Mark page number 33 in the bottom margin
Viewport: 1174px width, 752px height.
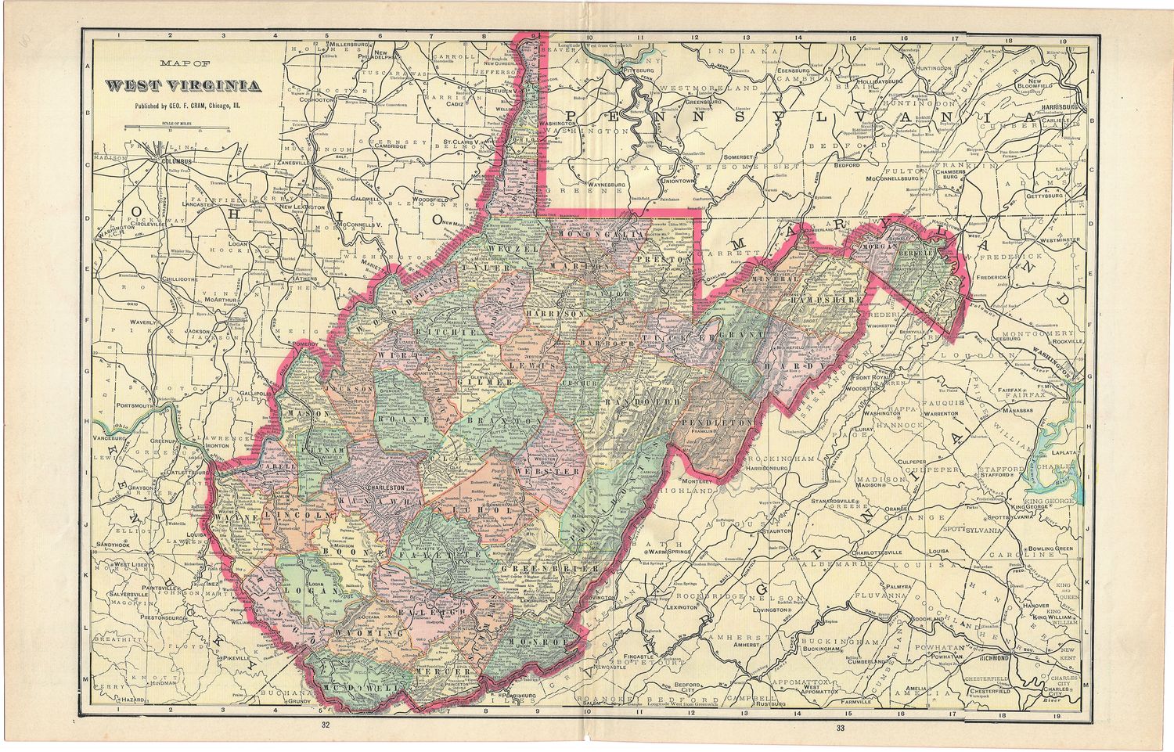click(841, 728)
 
